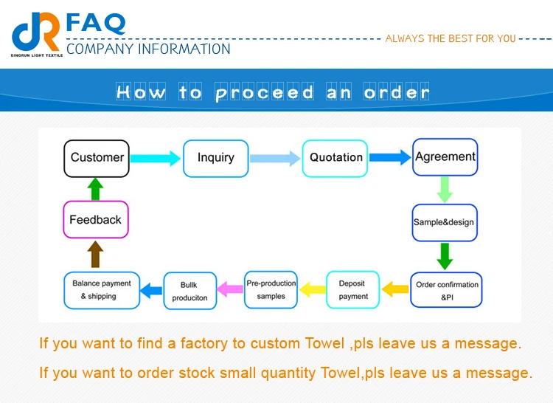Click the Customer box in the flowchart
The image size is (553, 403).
(x=97, y=158)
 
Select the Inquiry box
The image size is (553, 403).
(x=215, y=158)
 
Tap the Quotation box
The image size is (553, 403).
(x=335, y=158)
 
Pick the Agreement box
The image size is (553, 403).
(x=445, y=157)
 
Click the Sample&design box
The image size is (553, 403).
(x=444, y=222)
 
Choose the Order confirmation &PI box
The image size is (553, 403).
(x=447, y=289)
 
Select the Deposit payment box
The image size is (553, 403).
(x=353, y=289)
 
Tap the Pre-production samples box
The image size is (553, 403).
(x=271, y=289)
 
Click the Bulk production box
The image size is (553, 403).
(x=189, y=290)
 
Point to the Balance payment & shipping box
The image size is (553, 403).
(x=102, y=289)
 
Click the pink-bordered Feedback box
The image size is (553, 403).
(x=95, y=220)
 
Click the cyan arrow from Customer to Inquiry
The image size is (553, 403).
(x=156, y=158)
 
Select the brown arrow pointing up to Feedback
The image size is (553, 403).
(x=95, y=254)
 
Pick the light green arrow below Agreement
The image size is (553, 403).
(x=445, y=189)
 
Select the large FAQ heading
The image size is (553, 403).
(x=96, y=23)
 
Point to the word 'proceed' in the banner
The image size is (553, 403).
(x=265, y=93)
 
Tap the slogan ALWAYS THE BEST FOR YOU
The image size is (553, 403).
(x=451, y=38)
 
